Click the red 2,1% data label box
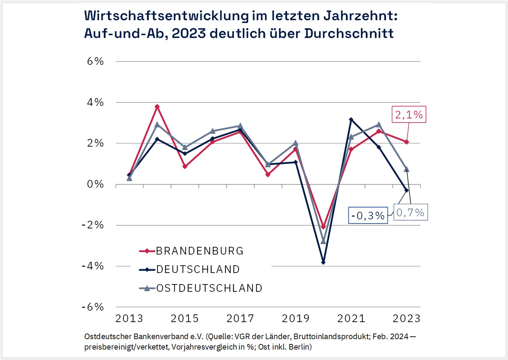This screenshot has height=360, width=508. point(409,115)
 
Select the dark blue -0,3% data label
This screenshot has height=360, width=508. point(368,216)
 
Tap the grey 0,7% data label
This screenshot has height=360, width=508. point(410,212)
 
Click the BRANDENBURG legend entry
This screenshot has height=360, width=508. point(199,251)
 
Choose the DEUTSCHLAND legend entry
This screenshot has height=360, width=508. point(198,269)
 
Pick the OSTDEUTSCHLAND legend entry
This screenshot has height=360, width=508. point(209,288)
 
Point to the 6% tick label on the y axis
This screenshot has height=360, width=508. point(95,61)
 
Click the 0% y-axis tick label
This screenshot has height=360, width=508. point(95,184)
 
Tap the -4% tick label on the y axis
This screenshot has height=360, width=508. point(93,266)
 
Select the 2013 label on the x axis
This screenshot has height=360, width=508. point(129,318)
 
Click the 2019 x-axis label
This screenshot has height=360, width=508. point(296,318)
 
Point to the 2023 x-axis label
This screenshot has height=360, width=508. point(407,318)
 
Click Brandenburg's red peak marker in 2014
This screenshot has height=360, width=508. point(157,107)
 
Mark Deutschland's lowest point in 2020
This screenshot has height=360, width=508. point(323,262)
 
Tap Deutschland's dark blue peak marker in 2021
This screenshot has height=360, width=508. point(351,119)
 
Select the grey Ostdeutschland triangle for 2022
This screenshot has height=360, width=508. point(379,125)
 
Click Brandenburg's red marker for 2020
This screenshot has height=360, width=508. point(323,227)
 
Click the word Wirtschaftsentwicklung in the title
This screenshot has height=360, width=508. point(167,16)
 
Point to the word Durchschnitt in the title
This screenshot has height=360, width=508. point(349,33)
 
